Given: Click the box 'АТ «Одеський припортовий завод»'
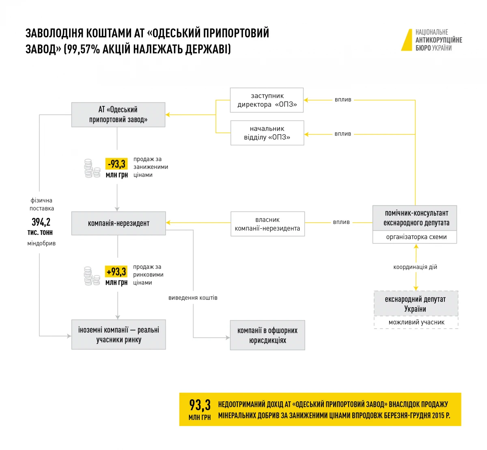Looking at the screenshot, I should pos(118,115).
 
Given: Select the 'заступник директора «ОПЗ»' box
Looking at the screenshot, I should pos(267,100).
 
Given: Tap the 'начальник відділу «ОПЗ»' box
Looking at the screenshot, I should pos(267,133).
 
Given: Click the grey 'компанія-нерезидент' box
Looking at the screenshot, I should pos(119,223).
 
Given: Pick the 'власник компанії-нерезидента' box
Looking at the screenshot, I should pos(267,224).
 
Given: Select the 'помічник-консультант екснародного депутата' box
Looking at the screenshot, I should pos(415,218).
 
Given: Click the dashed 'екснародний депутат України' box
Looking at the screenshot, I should pos(416,304).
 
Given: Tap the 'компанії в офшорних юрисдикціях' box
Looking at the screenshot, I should pos(267,335).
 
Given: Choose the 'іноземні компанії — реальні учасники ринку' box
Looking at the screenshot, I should pos(119,335).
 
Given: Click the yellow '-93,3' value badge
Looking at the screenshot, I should pos(116,164).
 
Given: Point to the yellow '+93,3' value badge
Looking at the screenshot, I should pos(116,271).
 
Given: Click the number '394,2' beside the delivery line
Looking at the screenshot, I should pos(41,222).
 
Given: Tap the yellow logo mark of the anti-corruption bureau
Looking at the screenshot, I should pos(407,40).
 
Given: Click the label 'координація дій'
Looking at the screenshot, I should pos(415,267).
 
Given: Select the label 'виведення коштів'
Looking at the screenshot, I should pos(193,298).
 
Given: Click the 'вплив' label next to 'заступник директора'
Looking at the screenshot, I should pos(343,99).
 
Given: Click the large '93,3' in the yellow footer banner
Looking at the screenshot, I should pos(200,405).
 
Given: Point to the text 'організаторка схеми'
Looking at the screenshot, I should pos(416,237).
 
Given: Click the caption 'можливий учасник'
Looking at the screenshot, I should pos(416,322).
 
